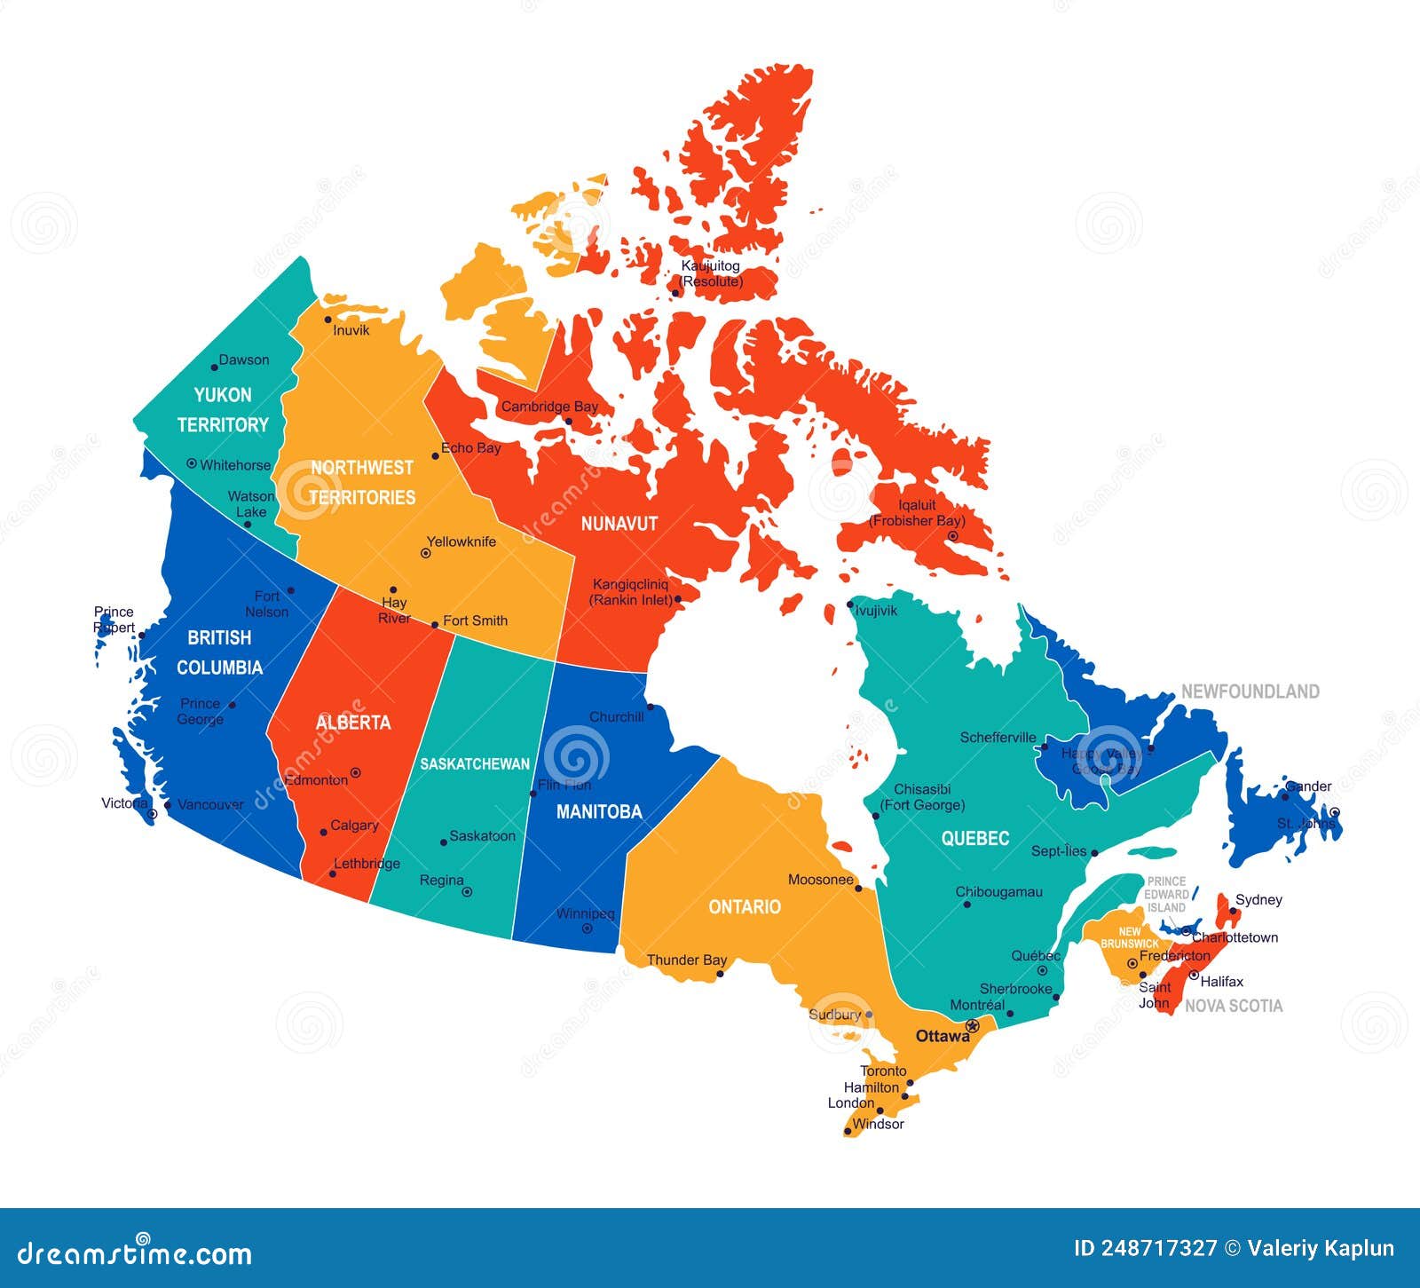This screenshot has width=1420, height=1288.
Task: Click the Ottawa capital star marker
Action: click(972, 1026)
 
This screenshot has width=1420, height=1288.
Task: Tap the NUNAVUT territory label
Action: click(619, 524)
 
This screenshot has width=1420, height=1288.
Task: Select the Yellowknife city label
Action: click(461, 541)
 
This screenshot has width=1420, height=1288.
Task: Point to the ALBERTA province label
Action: click(353, 723)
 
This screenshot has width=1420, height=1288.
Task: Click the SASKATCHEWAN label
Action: click(475, 763)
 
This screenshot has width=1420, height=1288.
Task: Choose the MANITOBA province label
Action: click(599, 811)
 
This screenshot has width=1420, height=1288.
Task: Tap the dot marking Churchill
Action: click(650, 707)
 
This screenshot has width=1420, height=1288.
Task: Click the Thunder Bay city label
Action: click(687, 960)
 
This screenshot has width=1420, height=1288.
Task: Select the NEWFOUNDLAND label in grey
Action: click(1250, 691)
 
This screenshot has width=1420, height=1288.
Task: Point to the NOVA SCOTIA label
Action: click(1234, 1006)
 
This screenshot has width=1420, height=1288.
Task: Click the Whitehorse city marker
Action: click(192, 463)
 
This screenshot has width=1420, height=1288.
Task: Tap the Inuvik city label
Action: click(351, 330)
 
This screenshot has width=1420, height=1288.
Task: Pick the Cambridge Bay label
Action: click(550, 407)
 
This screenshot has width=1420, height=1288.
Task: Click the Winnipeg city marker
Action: click(587, 928)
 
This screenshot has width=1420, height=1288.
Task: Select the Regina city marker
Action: click(467, 891)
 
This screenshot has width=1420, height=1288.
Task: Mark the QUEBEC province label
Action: click(975, 838)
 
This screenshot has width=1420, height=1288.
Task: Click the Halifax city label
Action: click(1222, 981)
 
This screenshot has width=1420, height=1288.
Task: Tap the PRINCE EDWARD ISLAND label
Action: click(1166, 895)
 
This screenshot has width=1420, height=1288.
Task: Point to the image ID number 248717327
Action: click(1158, 1248)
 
